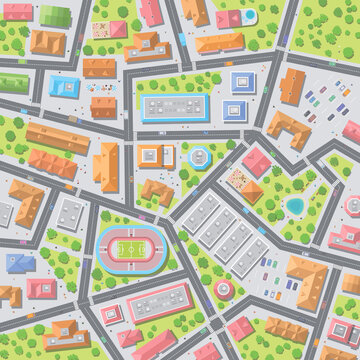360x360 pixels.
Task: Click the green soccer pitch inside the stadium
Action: (128, 247)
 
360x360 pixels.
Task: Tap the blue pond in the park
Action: (295, 206)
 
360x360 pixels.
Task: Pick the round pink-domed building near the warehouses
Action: (222, 289)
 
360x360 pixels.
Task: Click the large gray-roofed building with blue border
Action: (175, 108)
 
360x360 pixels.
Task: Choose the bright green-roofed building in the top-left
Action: (14, 84)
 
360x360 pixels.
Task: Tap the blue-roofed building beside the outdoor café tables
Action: (65, 87)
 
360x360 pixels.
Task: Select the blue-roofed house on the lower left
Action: (20, 263)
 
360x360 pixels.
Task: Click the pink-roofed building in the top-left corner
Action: (18, 12)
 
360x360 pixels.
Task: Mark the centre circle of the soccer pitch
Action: (128, 247)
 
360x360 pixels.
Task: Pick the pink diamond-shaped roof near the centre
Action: (256, 161)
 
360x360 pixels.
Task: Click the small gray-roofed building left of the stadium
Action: (70, 212)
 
